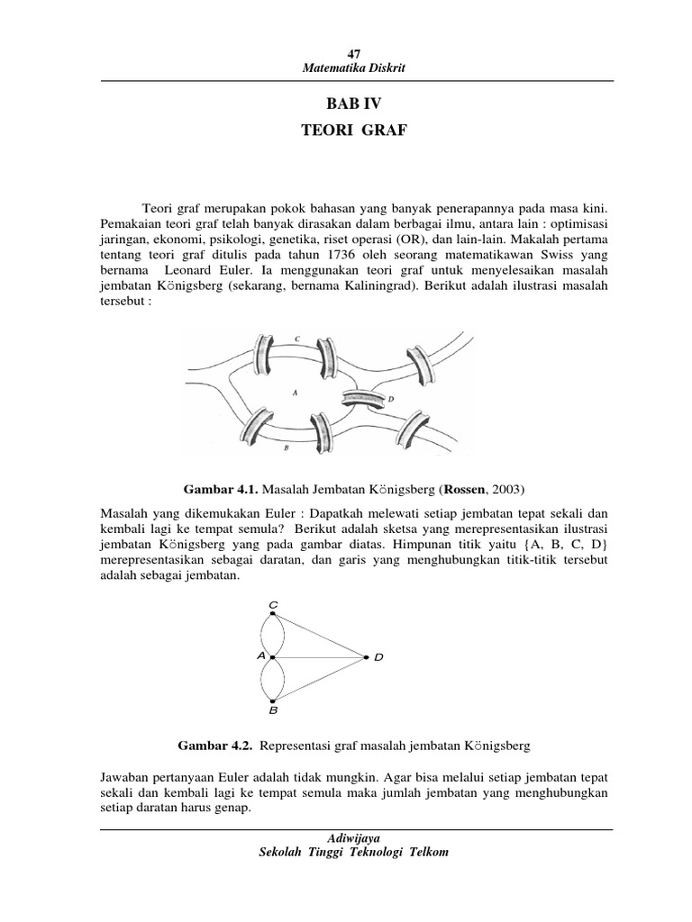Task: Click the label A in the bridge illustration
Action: tap(295, 393)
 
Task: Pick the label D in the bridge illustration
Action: tap(390, 399)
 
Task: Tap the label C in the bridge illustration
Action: tap(297, 339)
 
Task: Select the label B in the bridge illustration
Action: tap(285, 447)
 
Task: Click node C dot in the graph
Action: tap(273, 614)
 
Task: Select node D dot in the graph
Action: tap(365, 657)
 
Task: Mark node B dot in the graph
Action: tap(273, 700)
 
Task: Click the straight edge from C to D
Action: tap(319, 636)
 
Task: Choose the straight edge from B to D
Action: tap(319, 679)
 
